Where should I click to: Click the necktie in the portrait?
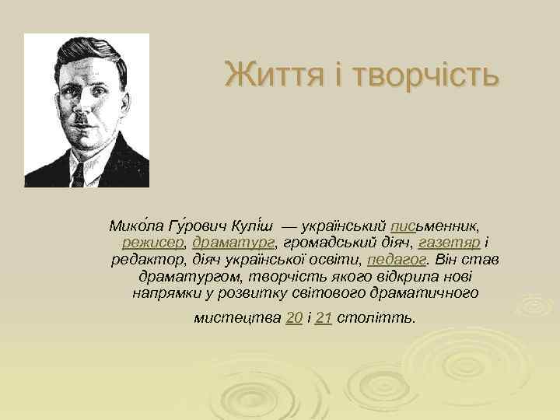[x=78, y=173]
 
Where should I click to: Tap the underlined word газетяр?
[x=446, y=242]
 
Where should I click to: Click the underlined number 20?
[x=294, y=318]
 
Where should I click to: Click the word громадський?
[x=322, y=242]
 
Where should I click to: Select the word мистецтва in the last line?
[x=236, y=318]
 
